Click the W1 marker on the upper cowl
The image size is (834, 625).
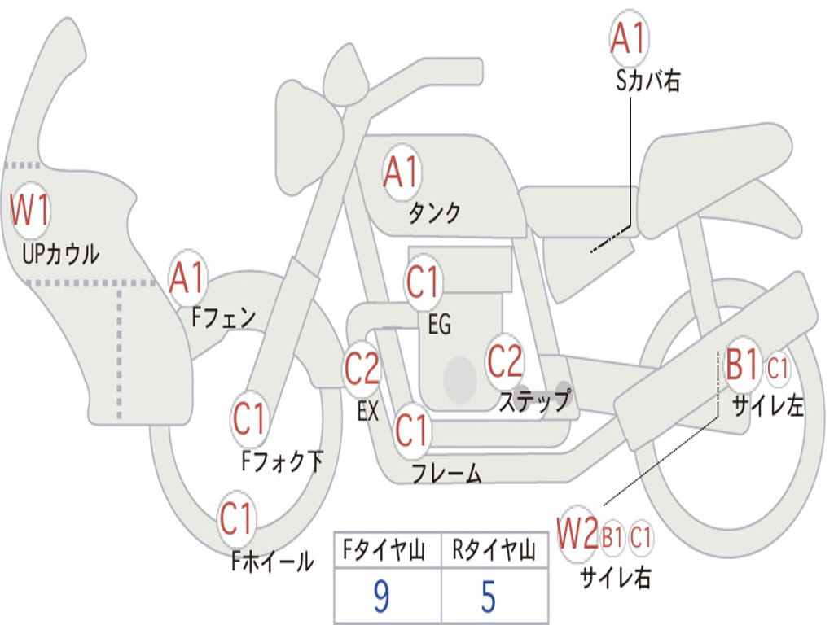[30, 210]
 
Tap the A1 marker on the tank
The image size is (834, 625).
[402, 173]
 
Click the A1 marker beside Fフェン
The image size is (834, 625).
[187, 278]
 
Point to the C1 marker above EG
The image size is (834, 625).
[423, 282]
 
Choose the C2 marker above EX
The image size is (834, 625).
[362, 368]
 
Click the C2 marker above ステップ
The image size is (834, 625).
[505, 361]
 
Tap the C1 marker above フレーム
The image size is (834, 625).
[411, 430]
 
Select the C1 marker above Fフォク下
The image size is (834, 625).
[249, 419]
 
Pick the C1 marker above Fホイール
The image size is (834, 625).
[235, 518]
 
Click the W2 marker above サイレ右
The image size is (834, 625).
[578, 534]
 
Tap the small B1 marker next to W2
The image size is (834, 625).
[612, 537]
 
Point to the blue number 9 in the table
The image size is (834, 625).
[381, 597]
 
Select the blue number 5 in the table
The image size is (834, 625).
[489, 597]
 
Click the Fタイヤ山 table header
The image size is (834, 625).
[384, 551]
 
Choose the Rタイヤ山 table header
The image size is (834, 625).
[494, 551]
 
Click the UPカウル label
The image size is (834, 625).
[60, 254]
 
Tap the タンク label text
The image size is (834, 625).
[435, 213]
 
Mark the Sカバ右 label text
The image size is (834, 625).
[647, 81]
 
